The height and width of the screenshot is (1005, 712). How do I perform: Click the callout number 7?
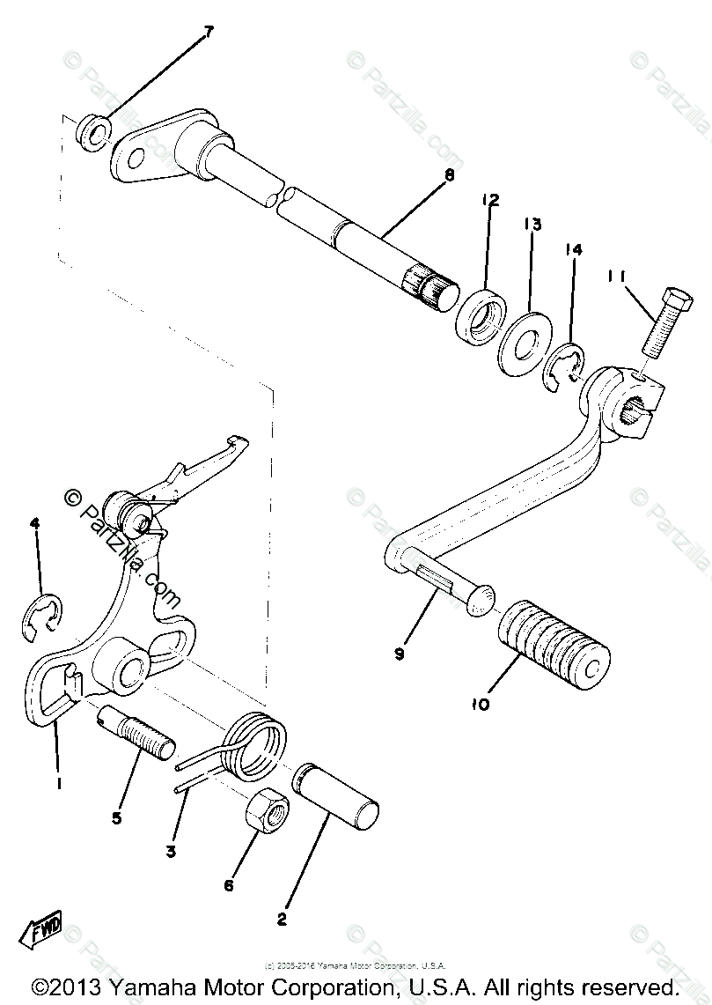[x=208, y=33]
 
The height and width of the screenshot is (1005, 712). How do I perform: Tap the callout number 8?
[x=449, y=175]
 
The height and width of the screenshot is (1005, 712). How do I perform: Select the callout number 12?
[x=490, y=201]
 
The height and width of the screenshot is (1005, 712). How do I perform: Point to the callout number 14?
[x=574, y=251]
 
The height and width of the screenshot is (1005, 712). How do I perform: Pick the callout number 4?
[x=34, y=523]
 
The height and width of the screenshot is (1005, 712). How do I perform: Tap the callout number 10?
[x=480, y=704]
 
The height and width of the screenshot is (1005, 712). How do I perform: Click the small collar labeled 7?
[x=94, y=130]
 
